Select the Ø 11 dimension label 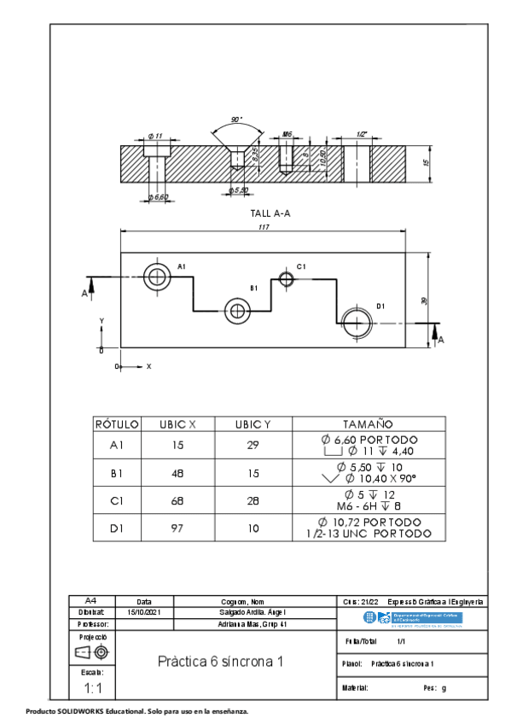pyautogui.click(x=155, y=136)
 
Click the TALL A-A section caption pyautogui.click(x=270, y=213)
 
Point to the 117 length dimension pyautogui.click(x=263, y=226)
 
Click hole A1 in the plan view pyautogui.click(x=156, y=276)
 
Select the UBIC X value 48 pyautogui.click(x=177, y=472)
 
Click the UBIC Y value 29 pyautogui.click(x=253, y=445)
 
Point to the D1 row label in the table pyautogui.click(x=116, y=528)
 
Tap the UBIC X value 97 pyautogui.click(x=177, y=528)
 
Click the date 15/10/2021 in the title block pyautogui.click(x=143, y=612)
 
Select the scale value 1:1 pyautogui.click(x=92, y=687)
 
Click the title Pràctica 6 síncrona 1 pyautogui.click(x=219, y=662)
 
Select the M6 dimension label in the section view pyautogui.click(x=287, y=135)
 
